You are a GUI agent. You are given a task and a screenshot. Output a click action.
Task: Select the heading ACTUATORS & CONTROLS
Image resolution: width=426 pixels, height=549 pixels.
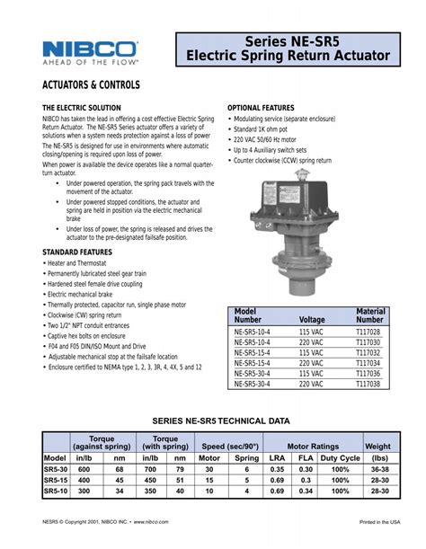(92, 84)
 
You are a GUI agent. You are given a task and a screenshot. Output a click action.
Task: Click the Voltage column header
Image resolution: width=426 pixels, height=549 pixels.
(312, 319)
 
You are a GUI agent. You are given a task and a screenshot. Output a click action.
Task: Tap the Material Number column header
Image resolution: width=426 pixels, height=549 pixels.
(369, 314)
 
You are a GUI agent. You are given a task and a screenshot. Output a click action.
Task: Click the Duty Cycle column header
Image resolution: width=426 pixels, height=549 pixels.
(340, 457)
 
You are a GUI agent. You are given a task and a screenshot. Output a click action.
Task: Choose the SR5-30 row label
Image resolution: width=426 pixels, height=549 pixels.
(56, 469)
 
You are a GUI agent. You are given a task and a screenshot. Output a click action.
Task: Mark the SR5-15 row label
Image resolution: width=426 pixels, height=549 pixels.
(56, 480)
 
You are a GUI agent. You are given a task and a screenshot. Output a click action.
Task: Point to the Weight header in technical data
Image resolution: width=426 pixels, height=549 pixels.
(377, 446)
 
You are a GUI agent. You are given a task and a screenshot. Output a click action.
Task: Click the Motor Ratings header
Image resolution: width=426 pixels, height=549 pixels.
(313, 446)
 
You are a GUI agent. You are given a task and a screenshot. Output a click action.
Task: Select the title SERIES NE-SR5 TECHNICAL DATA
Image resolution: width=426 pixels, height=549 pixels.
(220, 421)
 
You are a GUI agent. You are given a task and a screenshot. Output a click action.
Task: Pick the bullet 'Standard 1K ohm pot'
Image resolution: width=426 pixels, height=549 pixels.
(262, 129)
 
